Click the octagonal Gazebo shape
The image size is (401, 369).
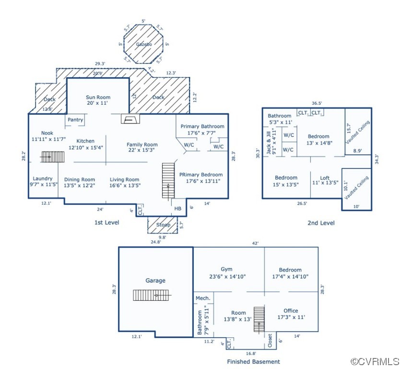[x=143, y=44]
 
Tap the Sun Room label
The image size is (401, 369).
[x=98, y=100]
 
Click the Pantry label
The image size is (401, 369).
[x=75, y=120]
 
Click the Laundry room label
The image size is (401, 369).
[x=42, y=181]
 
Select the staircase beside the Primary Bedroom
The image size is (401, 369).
[x=168, y=180]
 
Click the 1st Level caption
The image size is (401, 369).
[x=107, y=222]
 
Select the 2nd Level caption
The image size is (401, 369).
[x=321, y=222]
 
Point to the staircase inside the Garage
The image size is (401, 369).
[x=152, y=295]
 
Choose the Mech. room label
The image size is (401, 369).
[x=203, y=298]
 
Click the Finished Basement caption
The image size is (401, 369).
[x=253, y=361]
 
